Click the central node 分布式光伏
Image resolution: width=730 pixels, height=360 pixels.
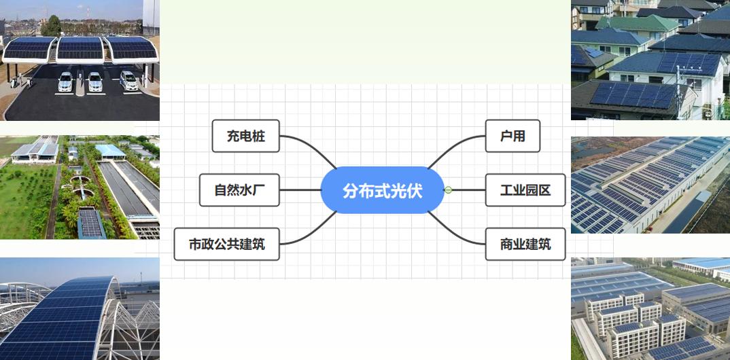[382, 190]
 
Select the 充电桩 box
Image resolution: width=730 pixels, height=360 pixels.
[245, 137]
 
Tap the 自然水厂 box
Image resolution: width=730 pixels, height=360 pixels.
[239, 190]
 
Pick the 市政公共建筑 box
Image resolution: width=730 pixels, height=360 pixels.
[227, 245]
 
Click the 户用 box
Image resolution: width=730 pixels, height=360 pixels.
[513, 136]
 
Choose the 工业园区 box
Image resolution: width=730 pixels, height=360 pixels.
[525, 190]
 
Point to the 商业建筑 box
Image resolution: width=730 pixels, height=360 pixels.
[525, 245]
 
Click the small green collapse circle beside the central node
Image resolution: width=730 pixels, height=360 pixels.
[448, 190]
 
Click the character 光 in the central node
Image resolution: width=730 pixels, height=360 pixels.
[397, 191]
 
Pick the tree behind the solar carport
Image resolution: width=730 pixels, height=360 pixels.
[51, 25]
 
